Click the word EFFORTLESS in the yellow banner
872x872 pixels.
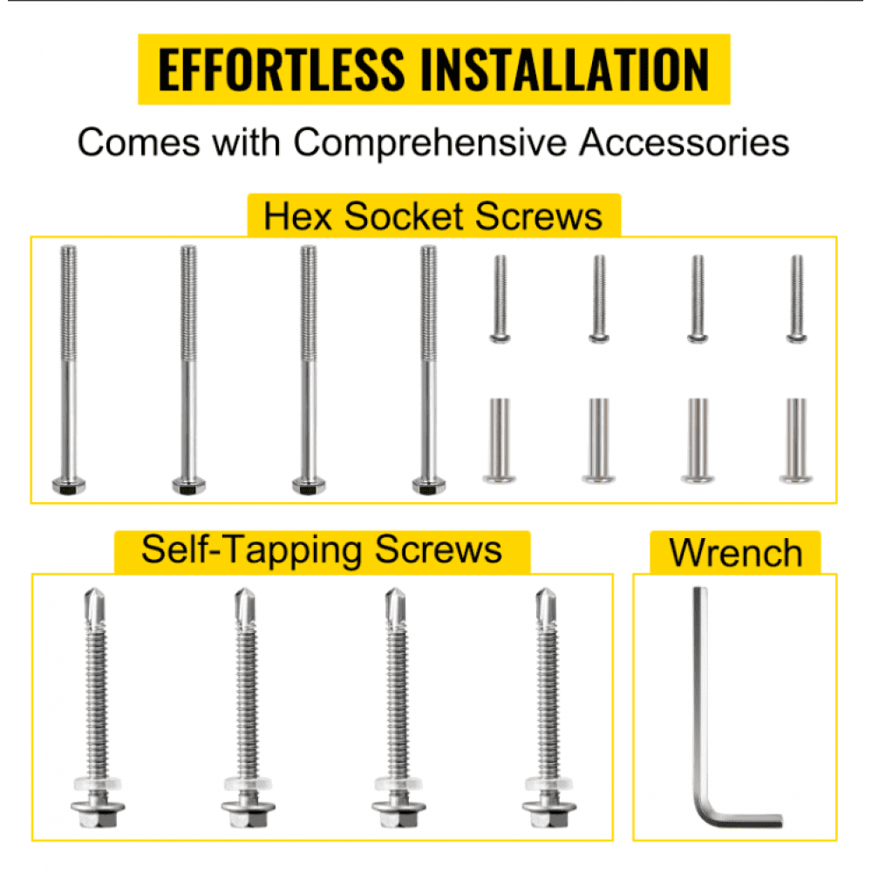(282, 69)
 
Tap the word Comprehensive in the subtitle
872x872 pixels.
(430, 144)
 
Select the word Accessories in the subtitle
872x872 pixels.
(684, 142)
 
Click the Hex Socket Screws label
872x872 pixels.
(433, 215)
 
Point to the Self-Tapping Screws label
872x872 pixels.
(322, 550)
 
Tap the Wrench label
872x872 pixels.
(736, 553)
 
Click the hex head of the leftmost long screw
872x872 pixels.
(69, 486)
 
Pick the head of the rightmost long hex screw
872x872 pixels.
(429, 486)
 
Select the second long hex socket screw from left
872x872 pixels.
(188, 370)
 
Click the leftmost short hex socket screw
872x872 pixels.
(500, 299)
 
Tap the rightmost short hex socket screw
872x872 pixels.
(797, 299)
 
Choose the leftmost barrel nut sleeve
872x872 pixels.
(500, 440)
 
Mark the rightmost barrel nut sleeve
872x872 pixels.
(796, 440)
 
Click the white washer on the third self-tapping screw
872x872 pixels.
(399, 784)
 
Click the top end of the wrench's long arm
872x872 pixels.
(700, 589)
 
